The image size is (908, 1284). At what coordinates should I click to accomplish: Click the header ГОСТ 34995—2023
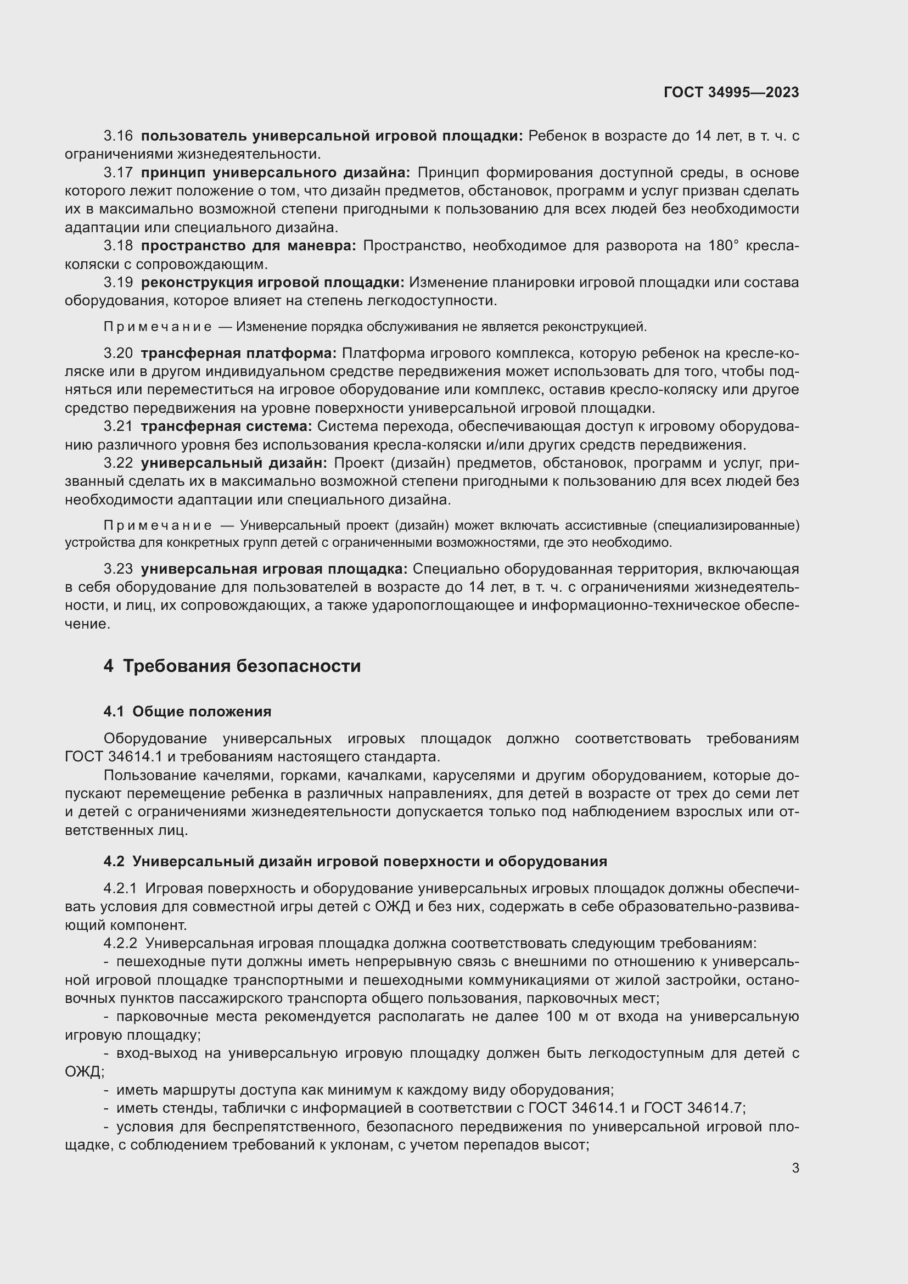pos(731,93)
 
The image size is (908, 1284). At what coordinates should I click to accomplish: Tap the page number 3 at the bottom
pos(795,1168)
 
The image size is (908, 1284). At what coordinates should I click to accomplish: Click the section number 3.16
pos(118,136)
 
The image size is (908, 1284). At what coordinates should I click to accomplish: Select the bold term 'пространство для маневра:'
pos(248,245)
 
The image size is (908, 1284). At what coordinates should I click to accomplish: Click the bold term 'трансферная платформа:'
pos(239,354)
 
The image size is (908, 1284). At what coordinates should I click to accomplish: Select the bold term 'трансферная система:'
pos(226,427)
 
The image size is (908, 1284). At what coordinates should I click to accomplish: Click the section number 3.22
pos(118,463)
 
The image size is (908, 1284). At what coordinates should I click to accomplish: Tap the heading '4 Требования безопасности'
pos(232,666)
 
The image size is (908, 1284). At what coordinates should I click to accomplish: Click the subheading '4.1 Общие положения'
pos(187,712)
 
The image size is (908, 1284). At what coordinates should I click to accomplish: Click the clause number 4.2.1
pos(120,889)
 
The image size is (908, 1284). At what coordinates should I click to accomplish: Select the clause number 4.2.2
pos(120,944)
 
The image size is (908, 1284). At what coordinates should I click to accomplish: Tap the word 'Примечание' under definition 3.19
pos(158,327)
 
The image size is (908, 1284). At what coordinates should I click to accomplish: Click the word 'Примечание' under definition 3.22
pos(158,526)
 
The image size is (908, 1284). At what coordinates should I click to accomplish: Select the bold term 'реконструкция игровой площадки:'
pos(273,282)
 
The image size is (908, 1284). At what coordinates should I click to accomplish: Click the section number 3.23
pos(118,569)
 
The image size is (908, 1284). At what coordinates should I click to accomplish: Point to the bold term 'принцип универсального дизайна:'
pos(275,172)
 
